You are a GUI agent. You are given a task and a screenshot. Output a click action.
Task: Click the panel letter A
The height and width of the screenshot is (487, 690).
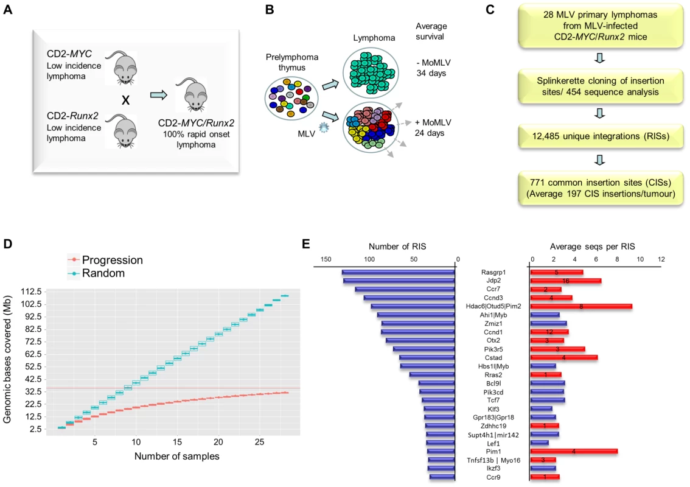click(x=7, y=9)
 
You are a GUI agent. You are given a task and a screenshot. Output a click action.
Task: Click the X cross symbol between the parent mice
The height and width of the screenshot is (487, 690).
click(x=125, y=100)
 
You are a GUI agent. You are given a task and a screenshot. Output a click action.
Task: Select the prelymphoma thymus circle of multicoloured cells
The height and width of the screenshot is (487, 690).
click(x=291, y=98)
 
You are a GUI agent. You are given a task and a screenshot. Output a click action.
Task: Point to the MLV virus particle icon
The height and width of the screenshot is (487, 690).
click(x=324, y=128)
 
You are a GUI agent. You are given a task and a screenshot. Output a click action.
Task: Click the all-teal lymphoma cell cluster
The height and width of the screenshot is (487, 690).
click(x=371, y=72)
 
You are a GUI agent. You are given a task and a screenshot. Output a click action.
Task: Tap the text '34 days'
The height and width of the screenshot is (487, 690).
click(x=431, y=73)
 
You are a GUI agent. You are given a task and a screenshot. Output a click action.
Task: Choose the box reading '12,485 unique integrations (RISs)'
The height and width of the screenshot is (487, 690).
click(x=601, y=136)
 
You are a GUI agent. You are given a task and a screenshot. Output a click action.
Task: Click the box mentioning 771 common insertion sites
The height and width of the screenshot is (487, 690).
click(x=601, y=189)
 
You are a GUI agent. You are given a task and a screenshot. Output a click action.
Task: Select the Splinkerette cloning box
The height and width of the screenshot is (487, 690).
click(x=601, y=86)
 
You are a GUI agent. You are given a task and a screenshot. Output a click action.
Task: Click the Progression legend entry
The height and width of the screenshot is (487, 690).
click(x=105, y=260)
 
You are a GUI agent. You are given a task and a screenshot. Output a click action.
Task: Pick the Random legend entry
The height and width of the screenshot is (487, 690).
click(x=96, y=273)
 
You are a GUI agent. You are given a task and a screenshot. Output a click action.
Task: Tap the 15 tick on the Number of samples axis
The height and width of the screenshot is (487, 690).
click(x=177, y=441)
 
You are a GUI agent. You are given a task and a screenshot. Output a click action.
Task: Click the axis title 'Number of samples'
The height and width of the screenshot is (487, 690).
click(x=177, y=456)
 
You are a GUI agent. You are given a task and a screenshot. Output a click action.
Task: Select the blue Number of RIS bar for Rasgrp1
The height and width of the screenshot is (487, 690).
click(x=399, y=273)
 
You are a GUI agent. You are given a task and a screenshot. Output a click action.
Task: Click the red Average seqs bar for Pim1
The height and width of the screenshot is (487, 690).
click(x=574, y=451)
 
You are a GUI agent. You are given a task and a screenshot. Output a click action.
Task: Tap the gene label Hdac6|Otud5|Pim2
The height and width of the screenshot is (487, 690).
click(x=493, y=306)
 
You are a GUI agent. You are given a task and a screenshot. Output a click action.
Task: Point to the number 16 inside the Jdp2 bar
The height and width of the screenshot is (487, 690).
click(x=565, y=281)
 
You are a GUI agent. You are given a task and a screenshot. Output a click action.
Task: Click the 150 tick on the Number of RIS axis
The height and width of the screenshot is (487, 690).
click(x=326, y=259)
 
